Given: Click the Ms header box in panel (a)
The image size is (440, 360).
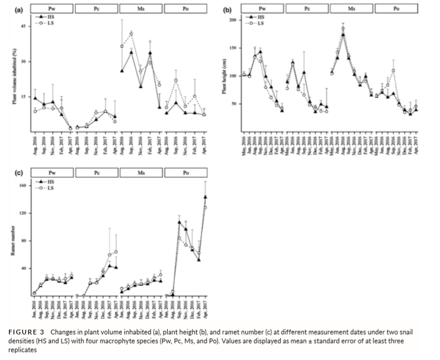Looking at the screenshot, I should click(141, 9).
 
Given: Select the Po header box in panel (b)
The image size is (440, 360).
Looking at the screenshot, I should click(396, 9).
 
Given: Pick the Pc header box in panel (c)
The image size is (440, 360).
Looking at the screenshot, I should click(97, 173).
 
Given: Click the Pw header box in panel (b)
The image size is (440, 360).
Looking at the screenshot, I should click(262, 9).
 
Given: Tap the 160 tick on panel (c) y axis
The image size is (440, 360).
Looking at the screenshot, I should click(24, 185).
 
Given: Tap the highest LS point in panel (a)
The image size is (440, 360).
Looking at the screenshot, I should click(131, 33).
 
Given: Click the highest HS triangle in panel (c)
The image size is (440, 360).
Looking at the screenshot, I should click(205, 197).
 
